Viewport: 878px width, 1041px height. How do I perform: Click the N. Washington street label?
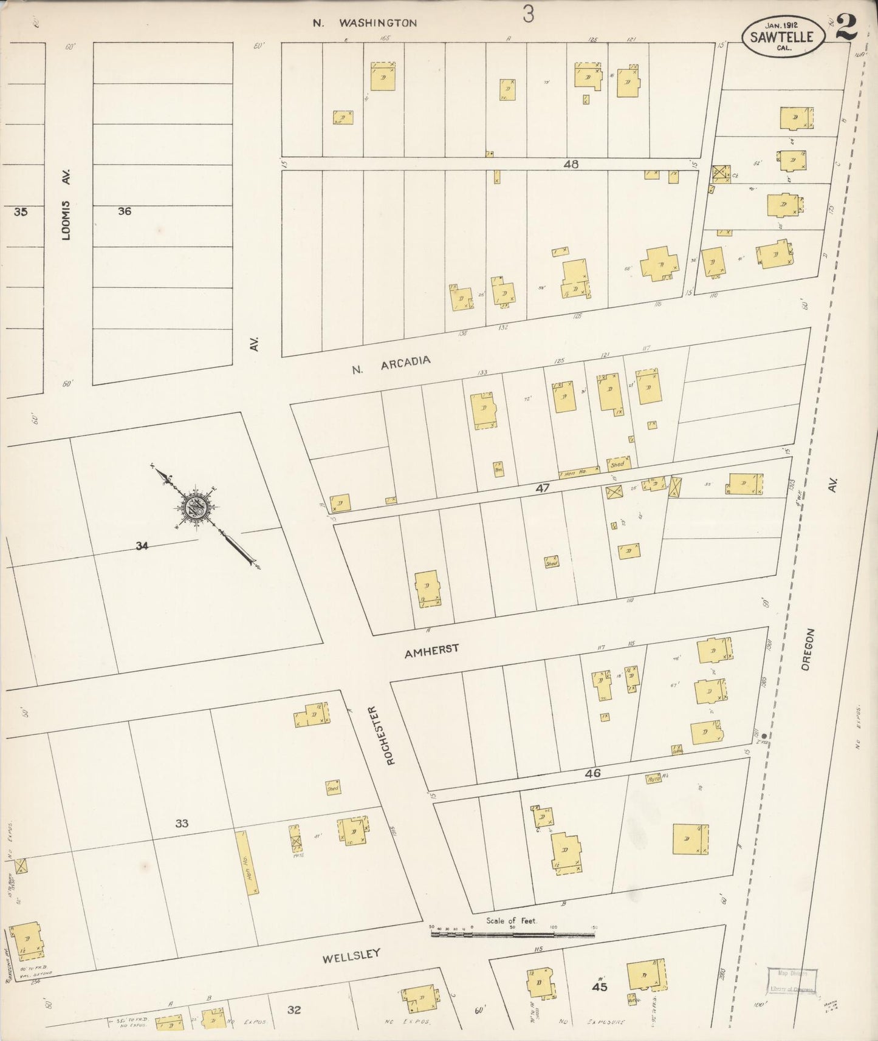(x=365, y=23)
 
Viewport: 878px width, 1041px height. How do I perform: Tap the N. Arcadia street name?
(x=391, y=364)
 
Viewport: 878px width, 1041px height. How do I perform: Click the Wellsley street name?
(x=351, y=956)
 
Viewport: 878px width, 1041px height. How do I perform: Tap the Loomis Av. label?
(x=67, y=204)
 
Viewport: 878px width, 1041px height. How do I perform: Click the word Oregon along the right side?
(x=806, y=649)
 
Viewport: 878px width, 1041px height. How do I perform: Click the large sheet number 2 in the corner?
(x=846, y=27)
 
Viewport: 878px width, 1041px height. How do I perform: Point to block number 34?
(x=142, y=546)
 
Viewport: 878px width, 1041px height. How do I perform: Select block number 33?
(x=182, y=824)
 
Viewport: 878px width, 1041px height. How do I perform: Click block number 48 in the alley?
(x=571, y=164)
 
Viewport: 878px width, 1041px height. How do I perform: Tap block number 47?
(x=542, y=488)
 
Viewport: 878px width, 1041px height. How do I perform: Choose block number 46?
(x=592, y=774)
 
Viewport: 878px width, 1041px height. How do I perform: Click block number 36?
(x=125, y=211)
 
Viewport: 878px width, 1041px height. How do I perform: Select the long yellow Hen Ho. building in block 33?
(x=246, y=862)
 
